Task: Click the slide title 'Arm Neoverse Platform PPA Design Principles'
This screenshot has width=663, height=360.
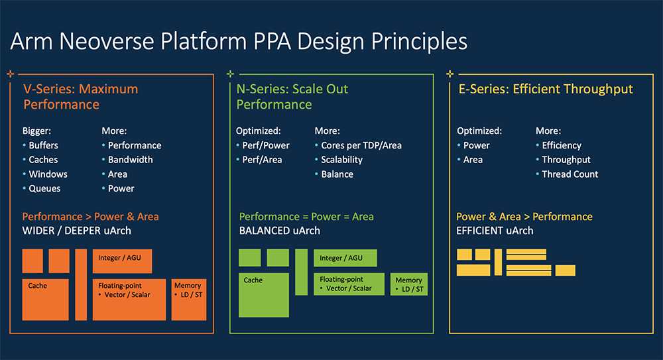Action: pos(239,41)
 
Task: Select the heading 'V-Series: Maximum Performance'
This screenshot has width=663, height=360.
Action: pos(80,97)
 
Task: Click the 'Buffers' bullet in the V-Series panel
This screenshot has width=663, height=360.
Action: pos(43,145)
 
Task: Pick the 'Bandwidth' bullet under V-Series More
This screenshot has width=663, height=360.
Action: pos(130,160)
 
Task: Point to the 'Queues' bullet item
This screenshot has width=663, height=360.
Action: pos(44,189)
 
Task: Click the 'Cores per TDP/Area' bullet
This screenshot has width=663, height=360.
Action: pos(361,145)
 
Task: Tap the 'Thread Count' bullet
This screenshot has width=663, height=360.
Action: pos(570,174)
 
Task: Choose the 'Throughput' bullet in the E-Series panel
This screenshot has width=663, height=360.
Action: pos(566,160)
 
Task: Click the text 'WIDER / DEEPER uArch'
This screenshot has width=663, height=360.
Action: pos(76,231)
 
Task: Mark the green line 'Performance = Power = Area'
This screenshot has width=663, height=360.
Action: pos(306,217)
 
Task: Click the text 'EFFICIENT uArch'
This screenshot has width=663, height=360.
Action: pos(495,231)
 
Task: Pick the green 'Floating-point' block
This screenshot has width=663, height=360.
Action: pos(349,284)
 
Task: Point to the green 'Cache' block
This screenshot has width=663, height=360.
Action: pos(264,294)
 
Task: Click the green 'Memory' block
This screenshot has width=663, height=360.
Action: pos(409,284)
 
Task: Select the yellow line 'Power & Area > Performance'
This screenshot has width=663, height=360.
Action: pos(524,217)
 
